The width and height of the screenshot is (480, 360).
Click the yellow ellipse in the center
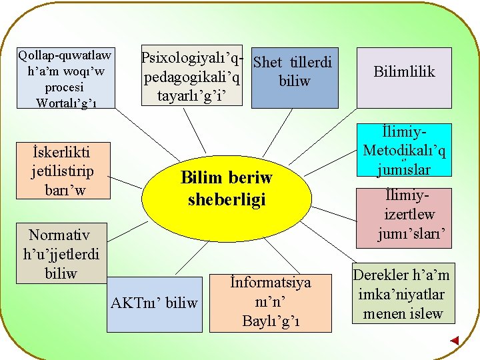226,189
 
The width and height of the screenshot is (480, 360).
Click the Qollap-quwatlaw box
65,78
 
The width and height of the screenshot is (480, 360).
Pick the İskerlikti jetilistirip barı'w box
62,171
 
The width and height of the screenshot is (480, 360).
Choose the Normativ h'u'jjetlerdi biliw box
61,253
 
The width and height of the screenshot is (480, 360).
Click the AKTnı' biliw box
154,303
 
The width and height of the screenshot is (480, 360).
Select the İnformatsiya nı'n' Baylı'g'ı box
270,303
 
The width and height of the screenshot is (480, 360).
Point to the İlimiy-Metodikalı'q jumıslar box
405,151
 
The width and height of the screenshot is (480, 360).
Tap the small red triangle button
454,341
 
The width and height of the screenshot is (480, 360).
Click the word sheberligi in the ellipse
227,199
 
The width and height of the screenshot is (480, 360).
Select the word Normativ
59,235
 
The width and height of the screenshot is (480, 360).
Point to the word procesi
64,87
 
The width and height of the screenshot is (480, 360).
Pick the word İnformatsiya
270,283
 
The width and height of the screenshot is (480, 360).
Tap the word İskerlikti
61,152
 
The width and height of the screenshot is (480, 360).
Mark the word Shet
268,63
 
